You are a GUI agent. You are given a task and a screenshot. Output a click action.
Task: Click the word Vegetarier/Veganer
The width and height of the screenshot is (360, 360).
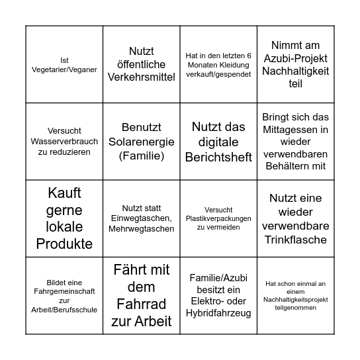click(64, 69)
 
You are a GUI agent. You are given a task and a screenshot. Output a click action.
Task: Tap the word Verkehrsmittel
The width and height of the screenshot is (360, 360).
click(142, 77)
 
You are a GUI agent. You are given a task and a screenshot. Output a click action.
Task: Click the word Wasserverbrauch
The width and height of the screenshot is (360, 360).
click(64, 142)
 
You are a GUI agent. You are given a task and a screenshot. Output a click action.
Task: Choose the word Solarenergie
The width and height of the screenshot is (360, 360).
click(142, 142)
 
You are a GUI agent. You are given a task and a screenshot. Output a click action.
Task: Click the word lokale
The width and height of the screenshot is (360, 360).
click(64, 226)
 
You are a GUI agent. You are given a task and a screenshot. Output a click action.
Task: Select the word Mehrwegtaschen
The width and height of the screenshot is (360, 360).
click(142, 229)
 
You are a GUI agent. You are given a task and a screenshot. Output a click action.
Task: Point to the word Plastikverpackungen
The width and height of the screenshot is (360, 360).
click(219, 218)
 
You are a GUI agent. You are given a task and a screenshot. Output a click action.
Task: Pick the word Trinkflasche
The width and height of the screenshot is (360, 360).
click(296, 240)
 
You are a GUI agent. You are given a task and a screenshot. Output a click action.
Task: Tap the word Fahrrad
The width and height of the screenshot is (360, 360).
click(142, 304)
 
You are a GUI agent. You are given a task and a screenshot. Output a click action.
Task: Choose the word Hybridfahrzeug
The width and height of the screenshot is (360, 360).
click(219, 313)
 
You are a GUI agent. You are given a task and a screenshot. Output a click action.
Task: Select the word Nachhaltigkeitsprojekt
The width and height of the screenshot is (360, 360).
click(296, 300)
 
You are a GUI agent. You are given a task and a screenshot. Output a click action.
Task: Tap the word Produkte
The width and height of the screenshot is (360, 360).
click(64, 244)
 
